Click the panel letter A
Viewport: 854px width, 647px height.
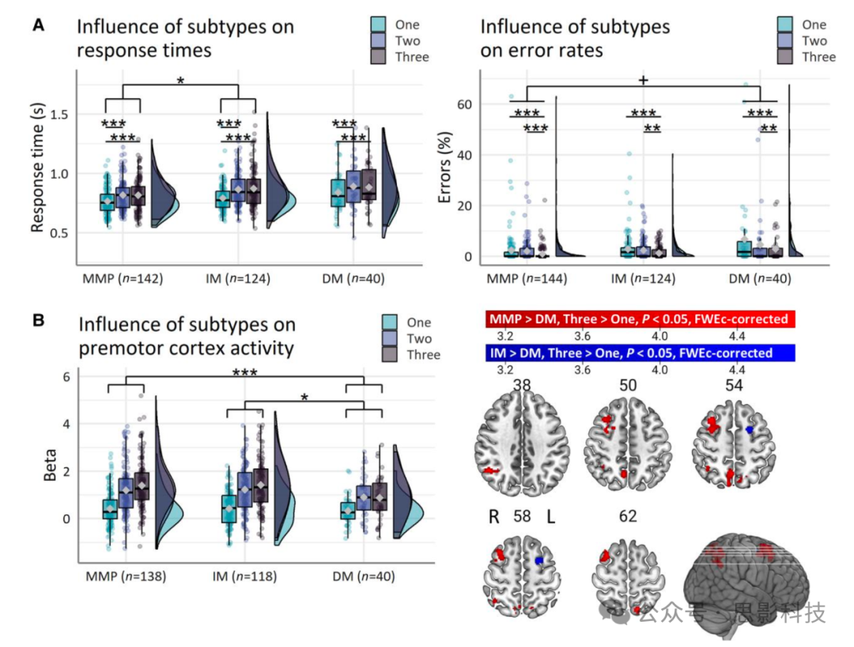click(37, 25)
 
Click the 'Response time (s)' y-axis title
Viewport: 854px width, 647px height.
click(37, 170)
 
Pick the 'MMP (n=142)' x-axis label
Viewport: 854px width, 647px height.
click(123, 279)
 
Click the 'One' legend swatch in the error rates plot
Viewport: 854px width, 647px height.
click(786, 25)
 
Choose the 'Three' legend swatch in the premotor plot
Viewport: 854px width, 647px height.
click(390, 354)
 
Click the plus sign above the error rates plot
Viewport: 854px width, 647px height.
click(643, 81)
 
